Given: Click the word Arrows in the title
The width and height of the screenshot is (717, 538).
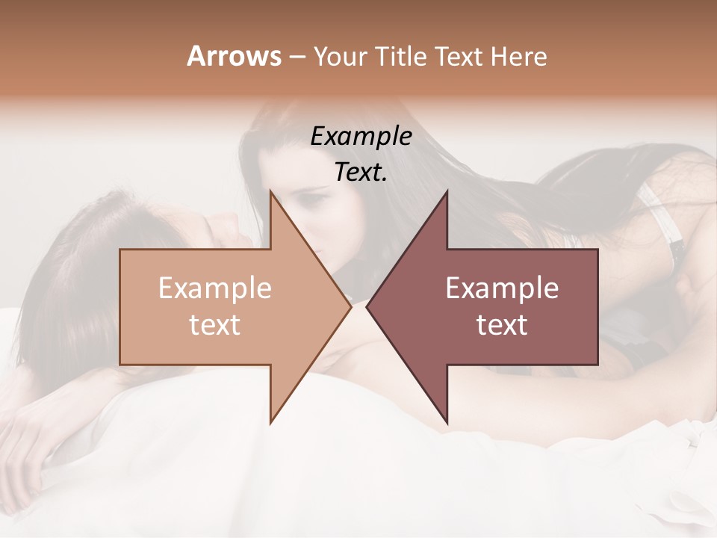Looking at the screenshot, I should coord(234,56).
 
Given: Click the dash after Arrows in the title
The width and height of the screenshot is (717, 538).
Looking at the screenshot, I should coord(297,57).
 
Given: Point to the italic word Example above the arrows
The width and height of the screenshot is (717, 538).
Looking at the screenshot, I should coord(361,137).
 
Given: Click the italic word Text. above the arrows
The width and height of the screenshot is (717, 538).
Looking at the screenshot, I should coord(361,173).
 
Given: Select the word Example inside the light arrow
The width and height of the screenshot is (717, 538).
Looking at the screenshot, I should coord(214,288).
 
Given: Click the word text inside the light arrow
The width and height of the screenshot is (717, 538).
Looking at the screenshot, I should coord(214,325).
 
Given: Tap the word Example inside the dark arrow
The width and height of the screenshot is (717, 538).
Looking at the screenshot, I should coord(502,288).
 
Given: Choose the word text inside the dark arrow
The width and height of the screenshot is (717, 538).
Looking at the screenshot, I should coord(502,325).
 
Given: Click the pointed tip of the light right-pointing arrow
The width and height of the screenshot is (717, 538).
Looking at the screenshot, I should coord(350,306).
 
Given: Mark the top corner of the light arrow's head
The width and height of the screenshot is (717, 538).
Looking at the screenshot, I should coord(270,191).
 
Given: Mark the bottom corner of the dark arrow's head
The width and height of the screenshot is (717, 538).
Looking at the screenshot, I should coord(447,423).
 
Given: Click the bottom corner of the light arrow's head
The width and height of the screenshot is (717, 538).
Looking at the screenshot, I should coord(270,423).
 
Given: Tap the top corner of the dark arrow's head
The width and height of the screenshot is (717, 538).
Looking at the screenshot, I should coord(447,191).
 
